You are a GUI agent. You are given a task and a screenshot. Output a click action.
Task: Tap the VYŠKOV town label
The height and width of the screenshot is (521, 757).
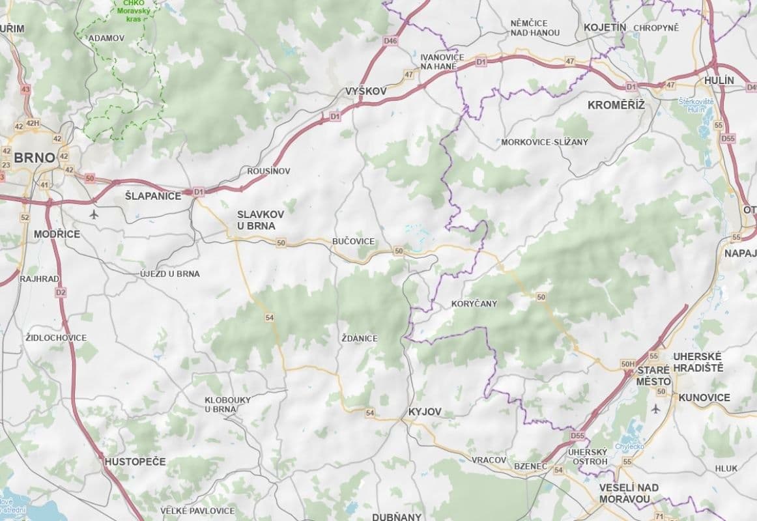[365, 92]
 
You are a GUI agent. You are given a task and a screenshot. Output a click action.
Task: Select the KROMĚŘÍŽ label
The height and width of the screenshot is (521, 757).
[616, 104]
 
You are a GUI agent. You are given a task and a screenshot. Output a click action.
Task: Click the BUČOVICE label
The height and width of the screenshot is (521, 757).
[353, 242]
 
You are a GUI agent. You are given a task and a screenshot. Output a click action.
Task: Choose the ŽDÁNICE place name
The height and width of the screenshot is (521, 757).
[359, 339]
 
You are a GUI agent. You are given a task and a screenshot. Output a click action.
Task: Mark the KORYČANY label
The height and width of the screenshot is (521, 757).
[474, 303]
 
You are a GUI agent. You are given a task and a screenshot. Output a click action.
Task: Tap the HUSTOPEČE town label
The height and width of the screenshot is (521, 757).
[135, 461]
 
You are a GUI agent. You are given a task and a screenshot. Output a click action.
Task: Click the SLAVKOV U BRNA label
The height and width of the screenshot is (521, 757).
[256, 219]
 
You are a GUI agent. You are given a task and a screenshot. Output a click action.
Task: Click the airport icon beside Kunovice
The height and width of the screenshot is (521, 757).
[655, 408]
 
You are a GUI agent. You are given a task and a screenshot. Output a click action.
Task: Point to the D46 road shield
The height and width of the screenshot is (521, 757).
[390, 41]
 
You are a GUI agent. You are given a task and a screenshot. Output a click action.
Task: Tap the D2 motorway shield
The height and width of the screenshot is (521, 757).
[61, 292]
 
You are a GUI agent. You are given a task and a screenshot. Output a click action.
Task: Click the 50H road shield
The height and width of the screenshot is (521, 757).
[628, 363]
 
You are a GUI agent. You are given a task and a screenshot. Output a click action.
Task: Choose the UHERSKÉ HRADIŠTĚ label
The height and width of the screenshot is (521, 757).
[698, 361]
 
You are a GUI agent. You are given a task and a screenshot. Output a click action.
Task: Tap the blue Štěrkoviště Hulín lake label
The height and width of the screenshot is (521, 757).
[696, 106]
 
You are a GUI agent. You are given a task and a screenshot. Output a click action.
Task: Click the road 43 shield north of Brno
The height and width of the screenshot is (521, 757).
[26, 89]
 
